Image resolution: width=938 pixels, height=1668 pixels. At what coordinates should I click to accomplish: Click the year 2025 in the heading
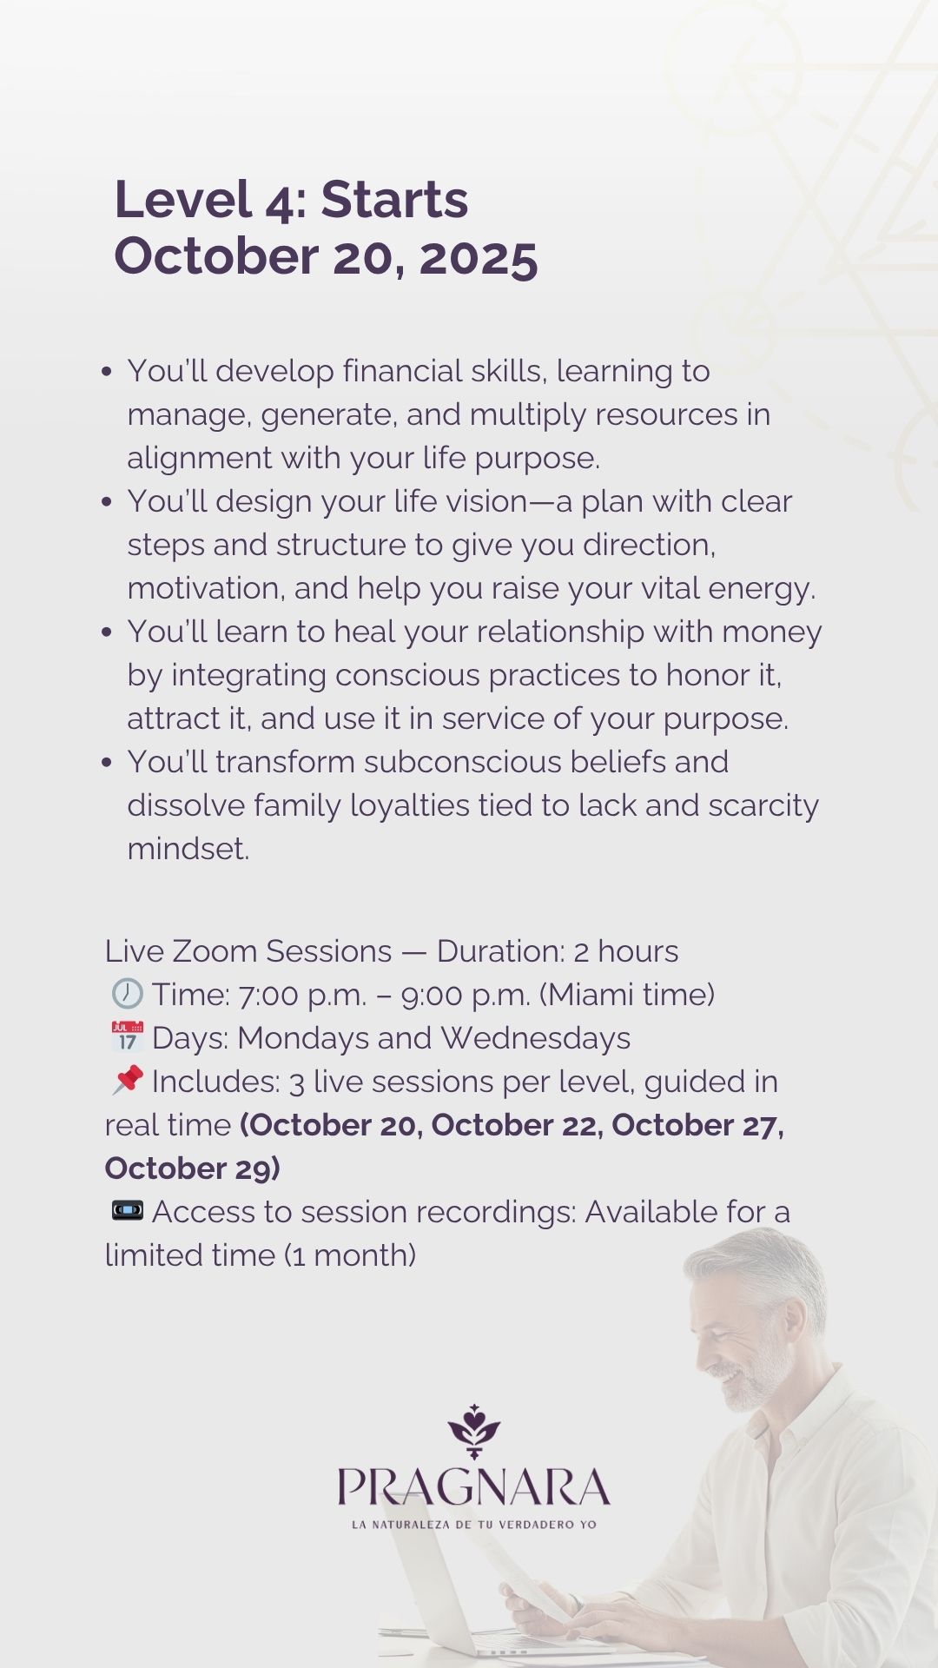pyautogui.click(x=479, y=256)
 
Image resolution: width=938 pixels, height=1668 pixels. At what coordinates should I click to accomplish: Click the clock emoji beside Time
pyautogui.click(x=127, y=993)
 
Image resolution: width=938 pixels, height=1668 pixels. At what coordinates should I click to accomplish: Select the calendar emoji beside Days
pyautogui.click(x=127, y=1036)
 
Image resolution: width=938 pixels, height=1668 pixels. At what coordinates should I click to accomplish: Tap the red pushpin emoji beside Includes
pyautogui.click(x=127, y=1080)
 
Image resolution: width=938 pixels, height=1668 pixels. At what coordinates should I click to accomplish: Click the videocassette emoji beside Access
pyautogui.click(x=127, y=1210)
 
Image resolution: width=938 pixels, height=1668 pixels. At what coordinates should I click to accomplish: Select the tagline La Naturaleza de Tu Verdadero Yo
pyautogui.click(x=474, y=1524)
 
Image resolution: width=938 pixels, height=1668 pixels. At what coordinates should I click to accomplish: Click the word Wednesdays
pyautogui.click(x=535, y=1037)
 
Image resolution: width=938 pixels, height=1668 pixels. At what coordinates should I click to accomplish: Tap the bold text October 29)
pyautogui.click(x=192, y=1168)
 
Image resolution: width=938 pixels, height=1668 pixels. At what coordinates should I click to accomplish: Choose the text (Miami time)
pyautogui.click(x=626, y=994)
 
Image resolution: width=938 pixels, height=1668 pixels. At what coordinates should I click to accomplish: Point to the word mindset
pyautogui.click(x=188, y=849)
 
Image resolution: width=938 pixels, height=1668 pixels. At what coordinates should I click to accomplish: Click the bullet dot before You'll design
pyautogui.click(x=107, y=502)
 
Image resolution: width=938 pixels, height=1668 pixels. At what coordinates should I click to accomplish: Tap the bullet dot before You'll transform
pyautogui.click(x=107, y=763)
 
